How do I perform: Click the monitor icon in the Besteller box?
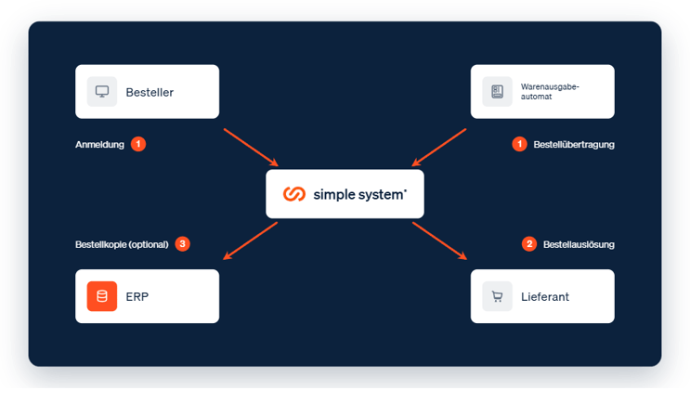coord(102,92)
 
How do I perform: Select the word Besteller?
coord(150,92)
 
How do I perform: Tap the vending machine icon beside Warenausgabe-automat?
coord(497,92)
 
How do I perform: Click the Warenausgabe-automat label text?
coord(550,92)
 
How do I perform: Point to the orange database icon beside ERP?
coord(102,296)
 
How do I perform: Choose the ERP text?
coord(137,297)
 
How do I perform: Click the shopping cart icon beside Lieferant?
coord(497,296)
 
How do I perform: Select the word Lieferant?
coord(545,297)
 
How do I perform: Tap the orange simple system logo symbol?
coord(294,193)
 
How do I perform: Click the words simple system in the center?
coord(359,194)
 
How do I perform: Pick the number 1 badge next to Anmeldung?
coord(138,144)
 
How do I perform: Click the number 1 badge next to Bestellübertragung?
coord(520,144)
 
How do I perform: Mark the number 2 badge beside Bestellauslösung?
coord(529,243)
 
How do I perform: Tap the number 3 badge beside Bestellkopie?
coord(183,243)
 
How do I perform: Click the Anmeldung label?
coord(100,144)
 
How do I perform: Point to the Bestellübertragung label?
coord(574,144)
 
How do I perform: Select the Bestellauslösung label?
coord(579,244)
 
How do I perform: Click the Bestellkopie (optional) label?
coord(122,244)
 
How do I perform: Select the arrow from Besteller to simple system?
coord(251,148)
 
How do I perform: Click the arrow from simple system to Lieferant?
coord(439,240)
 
